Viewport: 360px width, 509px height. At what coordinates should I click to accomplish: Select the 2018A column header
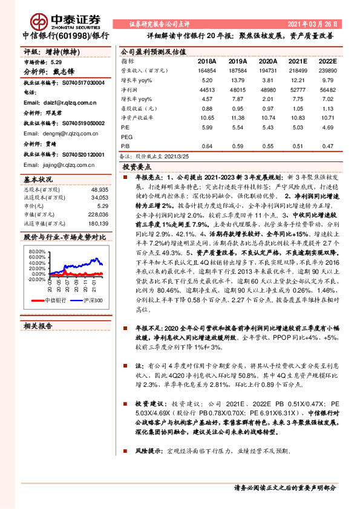(x=207, y=62)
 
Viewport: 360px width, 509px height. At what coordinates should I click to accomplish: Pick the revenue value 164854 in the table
(x=206, y=71)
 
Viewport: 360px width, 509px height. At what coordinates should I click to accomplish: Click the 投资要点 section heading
(x=137, y=165)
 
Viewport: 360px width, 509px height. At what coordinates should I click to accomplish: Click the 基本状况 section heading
(x=38, y=180)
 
